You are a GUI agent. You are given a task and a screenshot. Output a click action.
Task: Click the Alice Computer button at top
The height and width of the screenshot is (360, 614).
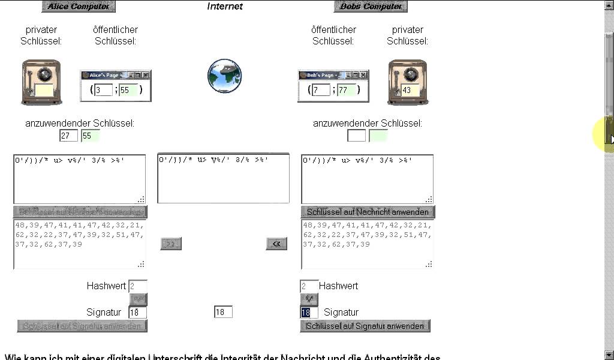[79, 7]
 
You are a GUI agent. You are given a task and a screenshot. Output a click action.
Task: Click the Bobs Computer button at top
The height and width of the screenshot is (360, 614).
[371, 7]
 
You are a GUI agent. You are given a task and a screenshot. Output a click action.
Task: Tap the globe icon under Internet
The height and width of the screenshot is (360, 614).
[224, 76]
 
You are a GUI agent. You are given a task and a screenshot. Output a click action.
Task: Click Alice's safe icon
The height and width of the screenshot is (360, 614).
[41, 82]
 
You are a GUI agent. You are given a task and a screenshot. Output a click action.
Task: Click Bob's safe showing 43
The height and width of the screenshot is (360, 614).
[408, 82]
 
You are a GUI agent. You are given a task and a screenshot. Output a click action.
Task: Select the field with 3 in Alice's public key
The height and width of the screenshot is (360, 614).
[103, 90]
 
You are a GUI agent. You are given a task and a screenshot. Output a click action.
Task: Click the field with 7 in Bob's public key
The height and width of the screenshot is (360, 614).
[321, 90]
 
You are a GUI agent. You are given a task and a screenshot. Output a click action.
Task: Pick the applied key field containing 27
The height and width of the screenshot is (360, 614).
[68, 136]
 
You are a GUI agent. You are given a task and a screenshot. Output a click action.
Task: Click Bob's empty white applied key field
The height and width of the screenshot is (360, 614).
[356, 136]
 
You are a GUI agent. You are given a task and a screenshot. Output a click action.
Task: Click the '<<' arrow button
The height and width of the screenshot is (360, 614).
[276, 244]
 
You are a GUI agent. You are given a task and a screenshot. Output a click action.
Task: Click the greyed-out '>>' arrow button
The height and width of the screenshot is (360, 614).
[170, 244]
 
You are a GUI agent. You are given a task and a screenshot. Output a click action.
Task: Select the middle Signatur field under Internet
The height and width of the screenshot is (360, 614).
[223, 312]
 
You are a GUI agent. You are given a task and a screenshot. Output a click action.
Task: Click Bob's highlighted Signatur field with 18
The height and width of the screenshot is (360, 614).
[309, 313]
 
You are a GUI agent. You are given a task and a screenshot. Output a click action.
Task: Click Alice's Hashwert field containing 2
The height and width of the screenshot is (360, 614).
[137, 286]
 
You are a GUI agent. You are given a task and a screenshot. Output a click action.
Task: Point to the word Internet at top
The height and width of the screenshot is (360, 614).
[225, 7]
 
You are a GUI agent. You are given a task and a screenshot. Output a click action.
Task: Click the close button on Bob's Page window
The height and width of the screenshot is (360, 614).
[363, 75]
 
